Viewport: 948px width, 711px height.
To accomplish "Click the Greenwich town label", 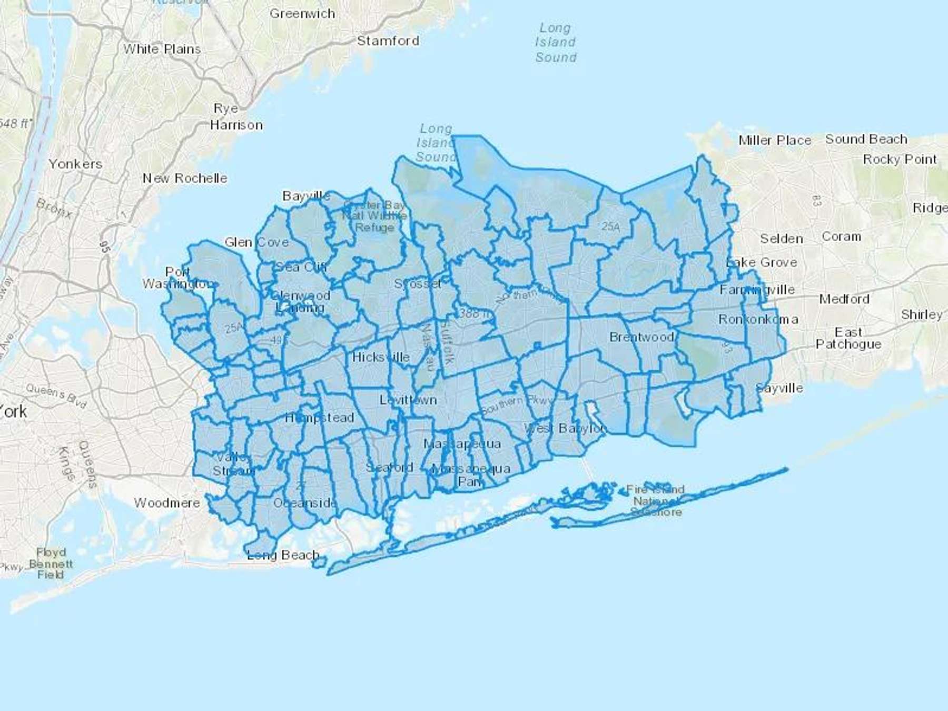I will click(302, 14).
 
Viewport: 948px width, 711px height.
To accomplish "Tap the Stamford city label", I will click(388, 41).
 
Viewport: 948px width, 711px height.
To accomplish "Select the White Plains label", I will click(162, 49).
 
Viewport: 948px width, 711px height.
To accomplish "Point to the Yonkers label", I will click(75, 164).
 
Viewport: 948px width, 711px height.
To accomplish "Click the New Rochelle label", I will click(185, 178).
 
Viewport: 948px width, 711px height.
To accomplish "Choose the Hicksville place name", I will click(381, 357).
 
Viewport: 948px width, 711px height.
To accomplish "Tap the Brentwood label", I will click(641, 337).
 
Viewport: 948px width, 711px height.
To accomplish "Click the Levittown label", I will click(408, 400).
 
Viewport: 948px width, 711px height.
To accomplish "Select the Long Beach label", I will click(283, 555).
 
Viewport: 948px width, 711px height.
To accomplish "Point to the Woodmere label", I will click(167, 503).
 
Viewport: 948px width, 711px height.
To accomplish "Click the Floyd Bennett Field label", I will click(51, 564).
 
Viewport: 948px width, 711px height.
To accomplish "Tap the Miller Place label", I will click(775, 141).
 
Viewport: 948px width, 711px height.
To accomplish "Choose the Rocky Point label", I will click(900, 159).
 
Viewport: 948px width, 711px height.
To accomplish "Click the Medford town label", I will click(844, 299).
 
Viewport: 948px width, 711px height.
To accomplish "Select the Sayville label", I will click(779, 388).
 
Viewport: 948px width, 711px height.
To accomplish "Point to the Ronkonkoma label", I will click(758, 320).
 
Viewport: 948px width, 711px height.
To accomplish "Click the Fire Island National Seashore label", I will click(656, 500).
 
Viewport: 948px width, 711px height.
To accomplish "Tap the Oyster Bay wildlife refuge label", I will click(374, 216).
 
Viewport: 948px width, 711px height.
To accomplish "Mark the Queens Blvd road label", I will click(56, 396).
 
